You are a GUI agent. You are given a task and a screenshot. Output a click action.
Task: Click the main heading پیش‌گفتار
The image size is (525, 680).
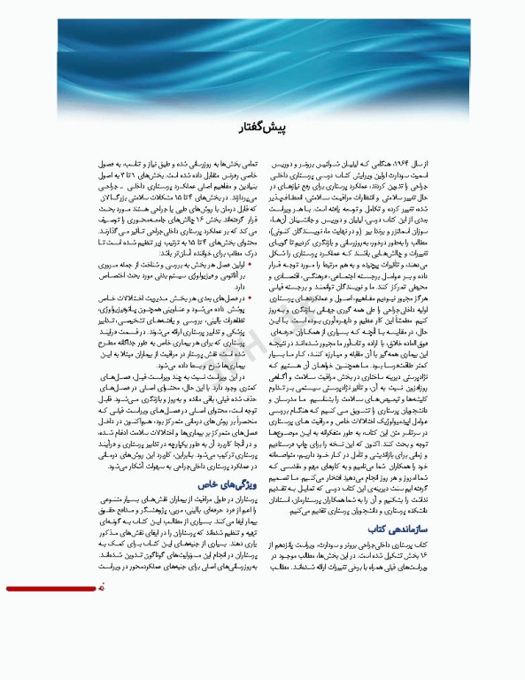[263, 128]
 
